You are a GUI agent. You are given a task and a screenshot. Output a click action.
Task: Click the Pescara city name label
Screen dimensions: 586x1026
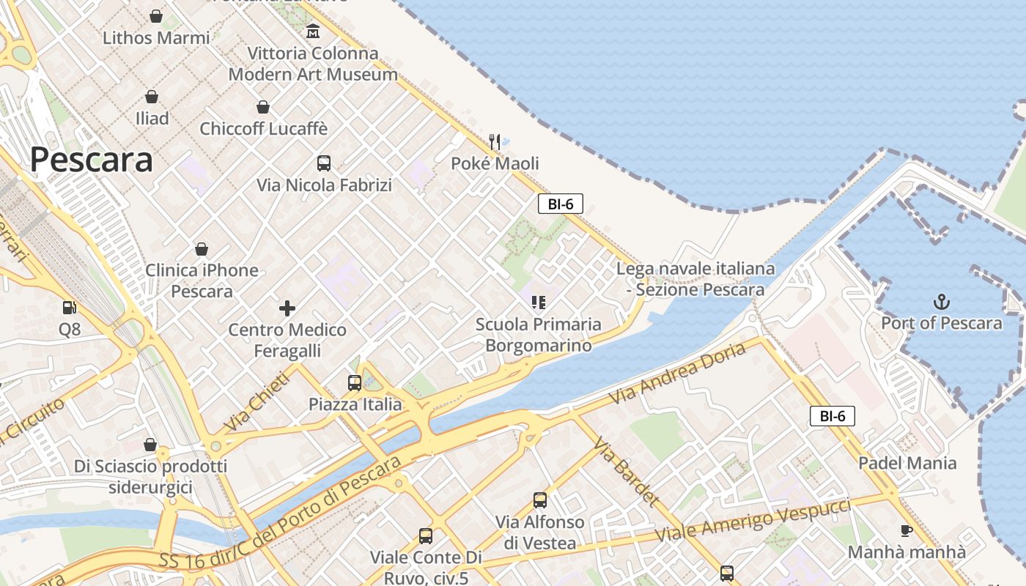[x=92, y=160]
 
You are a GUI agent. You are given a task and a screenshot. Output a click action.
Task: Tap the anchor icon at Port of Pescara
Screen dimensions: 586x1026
[x=941, y=302]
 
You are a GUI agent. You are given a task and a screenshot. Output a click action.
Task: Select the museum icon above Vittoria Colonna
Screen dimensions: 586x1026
[x=314, y=31]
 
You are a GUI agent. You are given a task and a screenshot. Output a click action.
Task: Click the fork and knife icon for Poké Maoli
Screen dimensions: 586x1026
[x=495, y=141]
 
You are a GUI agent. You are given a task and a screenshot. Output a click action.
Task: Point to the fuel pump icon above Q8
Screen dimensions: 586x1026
[x=69, y=308]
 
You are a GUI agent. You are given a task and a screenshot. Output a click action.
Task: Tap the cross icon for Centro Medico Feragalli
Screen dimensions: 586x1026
[x=287, y=308]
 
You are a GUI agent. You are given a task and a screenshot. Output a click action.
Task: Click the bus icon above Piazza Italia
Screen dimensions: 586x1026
[x=355, y=382]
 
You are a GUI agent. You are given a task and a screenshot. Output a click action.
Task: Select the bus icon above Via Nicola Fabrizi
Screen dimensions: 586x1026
[x=324, y=163]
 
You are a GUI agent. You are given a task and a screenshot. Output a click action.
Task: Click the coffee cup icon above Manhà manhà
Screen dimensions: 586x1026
[x=907, y=530]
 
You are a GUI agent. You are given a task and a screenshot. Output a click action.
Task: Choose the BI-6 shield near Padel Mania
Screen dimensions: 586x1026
[x=833, y=416]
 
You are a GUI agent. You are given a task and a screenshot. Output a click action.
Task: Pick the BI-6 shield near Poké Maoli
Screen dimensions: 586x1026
[x=561, y=204]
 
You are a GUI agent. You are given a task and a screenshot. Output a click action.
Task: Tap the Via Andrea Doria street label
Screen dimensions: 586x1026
[x=677, y=373]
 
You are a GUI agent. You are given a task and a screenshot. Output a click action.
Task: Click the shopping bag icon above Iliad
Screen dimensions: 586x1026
[x=152, y=97]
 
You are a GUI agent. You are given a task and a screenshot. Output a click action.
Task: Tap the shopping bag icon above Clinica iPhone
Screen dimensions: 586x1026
[x=202, y=249]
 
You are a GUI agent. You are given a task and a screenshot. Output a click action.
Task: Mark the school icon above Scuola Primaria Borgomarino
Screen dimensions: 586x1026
[x=539, y=302]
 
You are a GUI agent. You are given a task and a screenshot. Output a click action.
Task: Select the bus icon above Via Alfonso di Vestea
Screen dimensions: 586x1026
[x=540, y=500]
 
